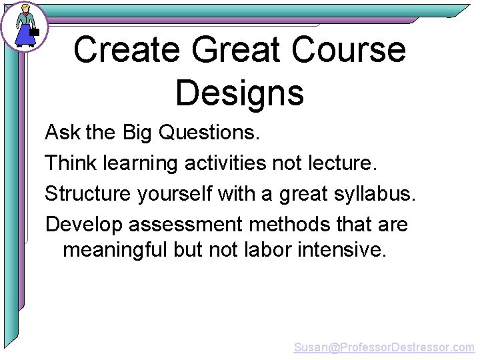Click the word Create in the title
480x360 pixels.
coord(126,50)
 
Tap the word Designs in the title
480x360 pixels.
coord(239,93)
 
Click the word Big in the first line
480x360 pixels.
coord(137,133)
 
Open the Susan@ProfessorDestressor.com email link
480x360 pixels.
coord(384,347)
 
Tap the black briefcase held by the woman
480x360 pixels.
coord(35,31)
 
